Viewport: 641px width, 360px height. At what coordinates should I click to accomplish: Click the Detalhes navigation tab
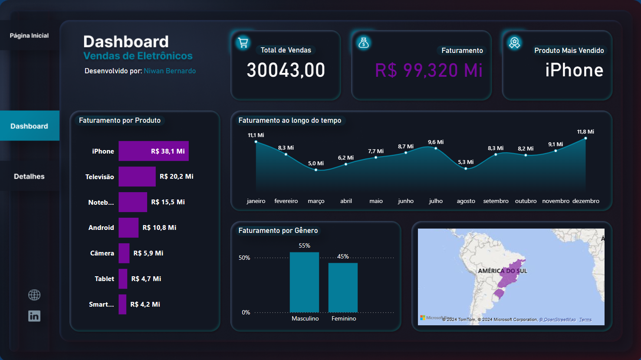29,177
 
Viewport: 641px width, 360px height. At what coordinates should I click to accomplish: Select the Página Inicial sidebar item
29,36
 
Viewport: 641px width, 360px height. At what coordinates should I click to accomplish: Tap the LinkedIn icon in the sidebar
34,316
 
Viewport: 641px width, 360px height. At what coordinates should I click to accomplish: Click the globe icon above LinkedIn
34,295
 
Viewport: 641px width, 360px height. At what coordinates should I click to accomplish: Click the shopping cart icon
243,43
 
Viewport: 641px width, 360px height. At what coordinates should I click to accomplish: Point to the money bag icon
364,43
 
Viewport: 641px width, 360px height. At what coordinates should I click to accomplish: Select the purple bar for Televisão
137,177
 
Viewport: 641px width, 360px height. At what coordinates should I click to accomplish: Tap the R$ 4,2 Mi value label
145,304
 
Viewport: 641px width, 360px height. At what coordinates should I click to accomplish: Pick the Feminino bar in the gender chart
343,287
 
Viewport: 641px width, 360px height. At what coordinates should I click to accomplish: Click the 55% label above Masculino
304,245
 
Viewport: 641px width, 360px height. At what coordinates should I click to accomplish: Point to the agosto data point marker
466,168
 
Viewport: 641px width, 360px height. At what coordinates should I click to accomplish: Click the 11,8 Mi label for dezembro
585,131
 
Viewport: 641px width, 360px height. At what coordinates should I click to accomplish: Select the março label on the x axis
316,201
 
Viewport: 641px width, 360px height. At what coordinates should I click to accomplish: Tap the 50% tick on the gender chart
244,258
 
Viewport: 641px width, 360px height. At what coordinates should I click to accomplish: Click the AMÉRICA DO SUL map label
503,271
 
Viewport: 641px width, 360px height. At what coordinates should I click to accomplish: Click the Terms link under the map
585,320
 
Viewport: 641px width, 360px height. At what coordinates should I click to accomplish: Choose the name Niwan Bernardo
170,71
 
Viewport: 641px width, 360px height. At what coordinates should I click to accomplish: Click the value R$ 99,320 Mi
429,70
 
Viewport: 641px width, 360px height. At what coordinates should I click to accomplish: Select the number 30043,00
286,70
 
